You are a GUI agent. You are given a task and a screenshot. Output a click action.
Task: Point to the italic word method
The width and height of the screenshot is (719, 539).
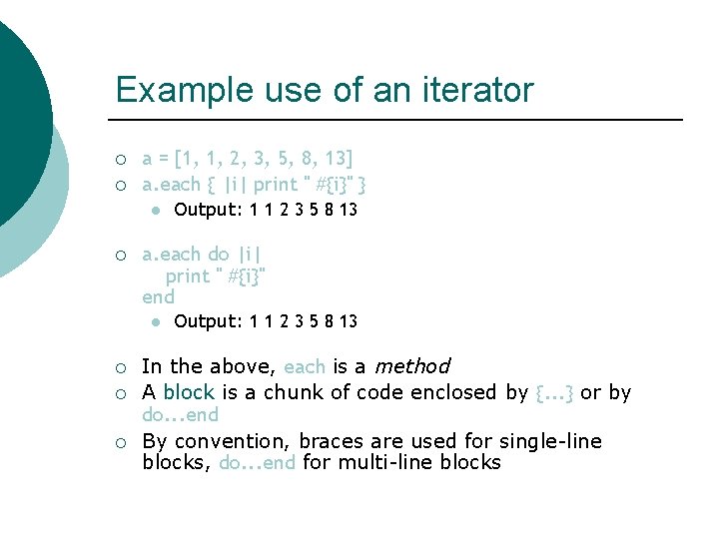[411, 366]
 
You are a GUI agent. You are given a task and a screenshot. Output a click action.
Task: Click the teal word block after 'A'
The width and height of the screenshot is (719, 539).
[189, 392]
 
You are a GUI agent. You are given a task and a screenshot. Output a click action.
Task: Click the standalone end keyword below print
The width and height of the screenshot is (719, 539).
[158, 297]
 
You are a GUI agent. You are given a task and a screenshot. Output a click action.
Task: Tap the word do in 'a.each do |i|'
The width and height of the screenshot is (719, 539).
[218, 255]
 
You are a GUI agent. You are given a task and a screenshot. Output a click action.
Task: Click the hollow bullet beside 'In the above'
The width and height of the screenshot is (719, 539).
[120, 367]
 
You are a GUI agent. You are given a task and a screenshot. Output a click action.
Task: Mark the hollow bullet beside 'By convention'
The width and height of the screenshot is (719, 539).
[120, 442]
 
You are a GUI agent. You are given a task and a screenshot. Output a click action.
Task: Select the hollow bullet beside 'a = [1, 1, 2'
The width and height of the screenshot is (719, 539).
[120, 159]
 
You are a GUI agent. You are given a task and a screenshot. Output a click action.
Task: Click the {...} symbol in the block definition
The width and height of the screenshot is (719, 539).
[555, 392]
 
